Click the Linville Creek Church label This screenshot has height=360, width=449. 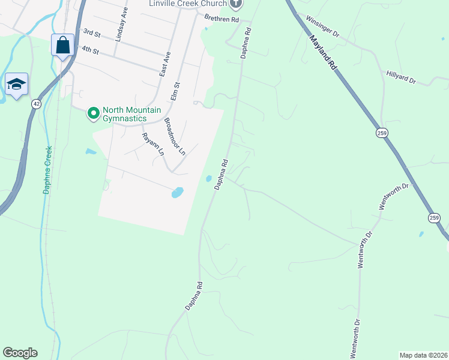[188, 4]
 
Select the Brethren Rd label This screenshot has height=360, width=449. [221, 20]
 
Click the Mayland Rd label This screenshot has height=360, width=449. [323, 53]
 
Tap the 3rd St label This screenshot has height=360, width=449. [92, 32]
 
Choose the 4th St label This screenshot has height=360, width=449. [90, 50]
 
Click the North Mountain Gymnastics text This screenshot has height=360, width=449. [124, 114]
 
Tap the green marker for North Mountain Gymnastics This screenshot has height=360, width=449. [94, 113]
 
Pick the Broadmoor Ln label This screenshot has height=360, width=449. [175, 137]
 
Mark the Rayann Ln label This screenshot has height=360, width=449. [152, 144]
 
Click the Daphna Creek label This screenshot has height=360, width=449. [47, 170]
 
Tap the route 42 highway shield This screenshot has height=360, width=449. [37, 104]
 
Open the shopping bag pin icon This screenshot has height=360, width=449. [62, 45]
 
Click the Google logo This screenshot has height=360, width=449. [20, 353]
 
